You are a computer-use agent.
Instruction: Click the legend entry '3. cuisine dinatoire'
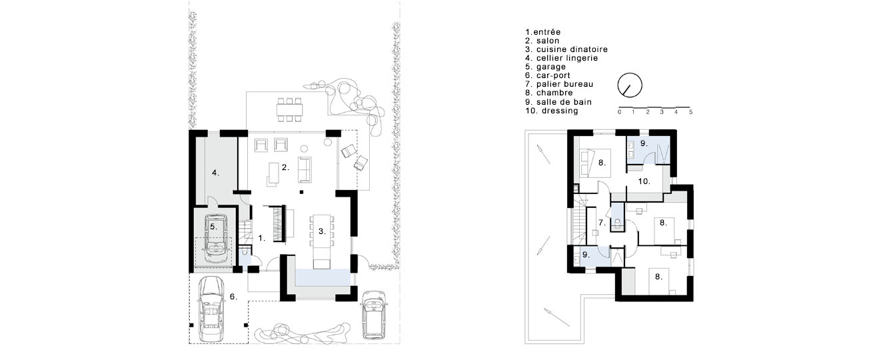(566, 49)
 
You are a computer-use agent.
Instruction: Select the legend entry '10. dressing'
(552, 111)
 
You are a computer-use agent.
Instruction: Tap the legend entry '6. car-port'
(548, 75)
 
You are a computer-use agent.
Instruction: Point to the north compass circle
(630, 85)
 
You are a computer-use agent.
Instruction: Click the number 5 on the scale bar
(690, 112)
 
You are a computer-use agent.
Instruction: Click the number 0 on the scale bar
(619, 112)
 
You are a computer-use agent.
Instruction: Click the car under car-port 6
(211, 309)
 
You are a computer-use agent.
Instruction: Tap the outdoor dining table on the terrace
(290, 109)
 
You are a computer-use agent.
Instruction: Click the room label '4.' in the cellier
(215, 173)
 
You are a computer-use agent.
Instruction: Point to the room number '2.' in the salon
(285, 167)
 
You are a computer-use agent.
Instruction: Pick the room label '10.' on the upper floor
(644, 181)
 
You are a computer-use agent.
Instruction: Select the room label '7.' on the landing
(602, 223)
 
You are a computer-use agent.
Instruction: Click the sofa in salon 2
(305, 169)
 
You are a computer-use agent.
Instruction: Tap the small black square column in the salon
(301, 191)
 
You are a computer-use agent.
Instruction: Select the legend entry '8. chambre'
(548, 93)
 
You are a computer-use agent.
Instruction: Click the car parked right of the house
(373, 315)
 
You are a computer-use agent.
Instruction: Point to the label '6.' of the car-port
(233, 297)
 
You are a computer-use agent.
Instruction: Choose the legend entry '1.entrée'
(543, 32)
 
